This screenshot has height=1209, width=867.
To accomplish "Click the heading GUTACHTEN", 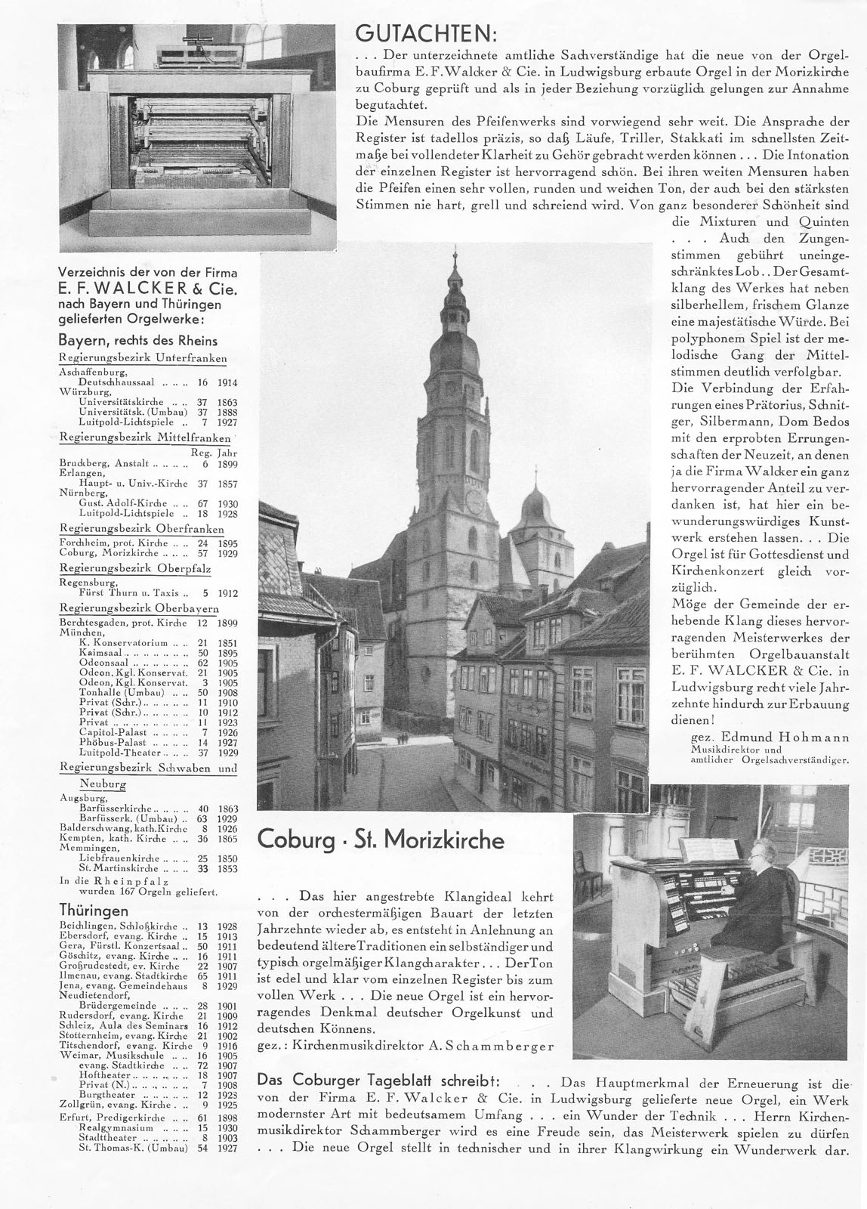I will (426, 34).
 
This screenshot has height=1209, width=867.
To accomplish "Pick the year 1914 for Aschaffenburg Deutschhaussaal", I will (227, 383).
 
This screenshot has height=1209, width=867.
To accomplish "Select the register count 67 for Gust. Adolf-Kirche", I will (202, 504).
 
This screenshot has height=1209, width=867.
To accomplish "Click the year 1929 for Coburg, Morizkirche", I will (227, 552).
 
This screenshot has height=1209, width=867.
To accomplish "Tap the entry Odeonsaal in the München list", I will (104, 663).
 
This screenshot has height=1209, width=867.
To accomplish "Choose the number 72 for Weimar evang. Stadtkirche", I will (201, 1065).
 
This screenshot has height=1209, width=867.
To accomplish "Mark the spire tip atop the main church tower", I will (455, 249).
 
